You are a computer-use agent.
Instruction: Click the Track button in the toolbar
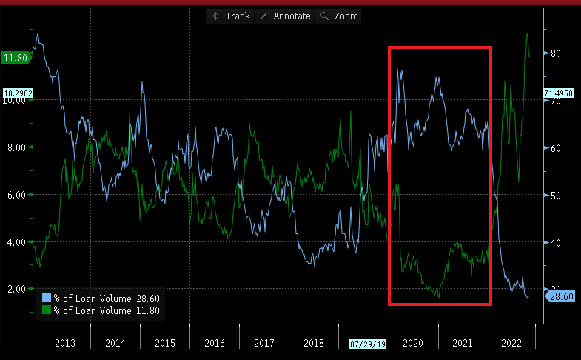click(231, 16)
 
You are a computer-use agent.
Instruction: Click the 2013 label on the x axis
click(65, 343)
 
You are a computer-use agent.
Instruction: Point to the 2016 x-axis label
click(214, 343)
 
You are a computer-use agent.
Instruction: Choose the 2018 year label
click(314, 343)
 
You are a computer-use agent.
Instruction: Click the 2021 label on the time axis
click(463, 343)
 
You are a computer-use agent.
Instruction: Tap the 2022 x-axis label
click(512, 343)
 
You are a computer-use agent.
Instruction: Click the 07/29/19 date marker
click(368, 344)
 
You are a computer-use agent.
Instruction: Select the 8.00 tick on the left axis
click(16, 147)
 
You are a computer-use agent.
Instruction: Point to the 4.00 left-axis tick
click(16, 242)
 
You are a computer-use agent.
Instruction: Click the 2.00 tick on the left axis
click(16, 289)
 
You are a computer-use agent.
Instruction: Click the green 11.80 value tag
click(16, 57)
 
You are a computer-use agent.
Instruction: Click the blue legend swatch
click(47, 298)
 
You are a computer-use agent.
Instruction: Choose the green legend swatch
click(47, 310)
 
